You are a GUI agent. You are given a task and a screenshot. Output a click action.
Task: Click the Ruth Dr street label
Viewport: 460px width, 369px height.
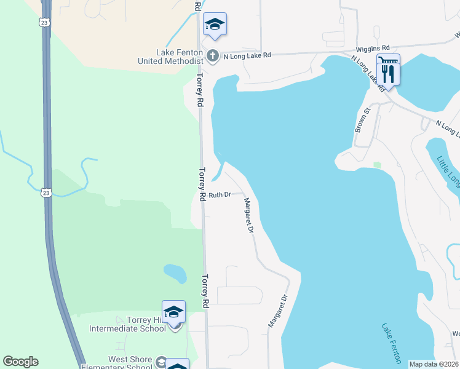coord(219,195)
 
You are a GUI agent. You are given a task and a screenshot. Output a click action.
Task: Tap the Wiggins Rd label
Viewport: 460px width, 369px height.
coord(373,47)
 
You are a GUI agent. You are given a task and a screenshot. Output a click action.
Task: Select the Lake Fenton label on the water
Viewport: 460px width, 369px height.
coord(391,343)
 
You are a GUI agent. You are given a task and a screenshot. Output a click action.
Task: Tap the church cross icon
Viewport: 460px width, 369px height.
coord(212,56)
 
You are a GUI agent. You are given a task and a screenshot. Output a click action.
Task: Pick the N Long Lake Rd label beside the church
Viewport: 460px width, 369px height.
coord(247,56)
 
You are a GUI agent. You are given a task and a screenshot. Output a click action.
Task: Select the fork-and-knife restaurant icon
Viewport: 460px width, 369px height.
coord(389,73)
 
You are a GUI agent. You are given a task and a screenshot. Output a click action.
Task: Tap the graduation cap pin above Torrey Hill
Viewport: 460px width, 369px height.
coord(173,312)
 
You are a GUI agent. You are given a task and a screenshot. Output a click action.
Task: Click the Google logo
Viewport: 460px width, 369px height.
coord(20,362)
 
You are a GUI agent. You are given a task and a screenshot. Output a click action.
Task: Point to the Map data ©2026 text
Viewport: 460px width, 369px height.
coord(434,364)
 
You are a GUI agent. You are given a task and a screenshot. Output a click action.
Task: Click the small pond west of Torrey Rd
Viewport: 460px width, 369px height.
coord(175,272)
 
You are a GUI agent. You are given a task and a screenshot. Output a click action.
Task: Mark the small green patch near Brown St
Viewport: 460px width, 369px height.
coord(377,165)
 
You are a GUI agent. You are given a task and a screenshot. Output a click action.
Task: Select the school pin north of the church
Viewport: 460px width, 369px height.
coord(215,24)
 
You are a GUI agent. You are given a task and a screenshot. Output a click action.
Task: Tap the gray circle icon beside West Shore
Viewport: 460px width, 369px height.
coord(161,361)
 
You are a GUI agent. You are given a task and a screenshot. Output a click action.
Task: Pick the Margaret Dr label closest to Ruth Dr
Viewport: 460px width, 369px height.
coord(249,215)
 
